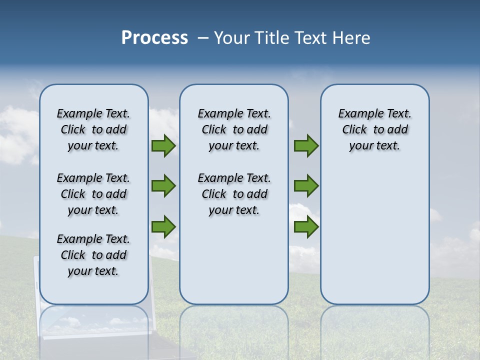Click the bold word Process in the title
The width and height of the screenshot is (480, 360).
154,38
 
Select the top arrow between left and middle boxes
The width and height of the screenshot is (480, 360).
163,146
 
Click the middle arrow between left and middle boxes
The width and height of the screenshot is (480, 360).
163,186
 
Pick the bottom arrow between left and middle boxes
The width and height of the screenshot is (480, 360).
163,226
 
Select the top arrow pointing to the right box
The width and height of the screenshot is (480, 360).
306,146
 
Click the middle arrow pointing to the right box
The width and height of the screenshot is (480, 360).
306,186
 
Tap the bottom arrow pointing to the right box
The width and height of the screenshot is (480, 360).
306,226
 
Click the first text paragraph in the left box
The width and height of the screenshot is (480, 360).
93,129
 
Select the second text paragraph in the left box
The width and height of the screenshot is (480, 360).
93,194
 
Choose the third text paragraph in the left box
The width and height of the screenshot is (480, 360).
93,255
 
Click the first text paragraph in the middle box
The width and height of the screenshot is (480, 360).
234,129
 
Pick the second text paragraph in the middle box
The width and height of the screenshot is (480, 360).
234,194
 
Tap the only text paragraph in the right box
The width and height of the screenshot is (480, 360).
374,129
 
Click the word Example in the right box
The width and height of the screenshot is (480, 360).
356,113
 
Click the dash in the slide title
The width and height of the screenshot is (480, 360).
202,38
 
